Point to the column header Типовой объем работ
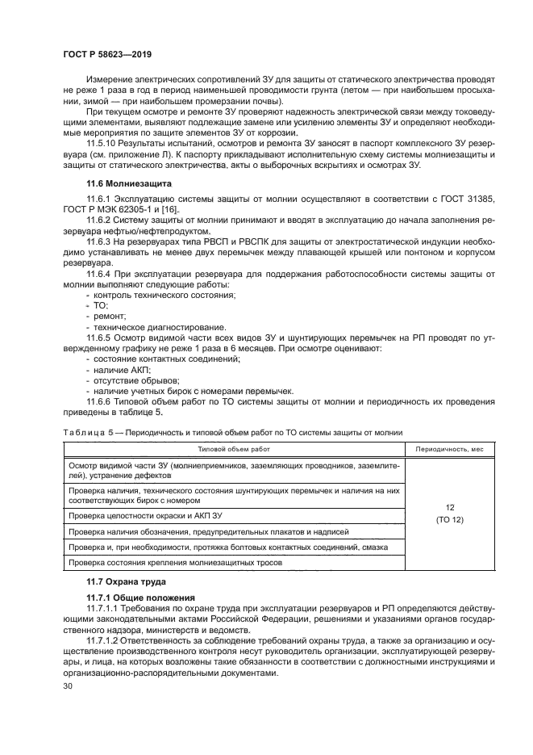(x=234, y=447)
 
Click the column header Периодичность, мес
(x=449, y=447)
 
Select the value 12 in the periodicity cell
(x=449, y=507)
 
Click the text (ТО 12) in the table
(x=449, y=519)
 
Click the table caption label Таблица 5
(x=86, y=433)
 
